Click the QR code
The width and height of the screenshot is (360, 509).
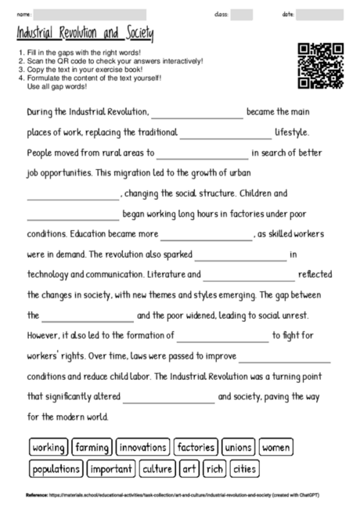321,65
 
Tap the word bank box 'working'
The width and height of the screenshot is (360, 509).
49,448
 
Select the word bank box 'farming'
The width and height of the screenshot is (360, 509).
92,448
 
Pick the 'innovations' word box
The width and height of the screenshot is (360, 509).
143,448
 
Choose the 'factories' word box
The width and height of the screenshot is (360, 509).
196,448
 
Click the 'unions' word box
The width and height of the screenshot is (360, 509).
238,448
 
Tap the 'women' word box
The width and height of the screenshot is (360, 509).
276,448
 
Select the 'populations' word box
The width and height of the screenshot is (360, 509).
56,469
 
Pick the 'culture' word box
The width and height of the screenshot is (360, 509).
157,469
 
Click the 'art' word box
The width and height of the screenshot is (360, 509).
189,469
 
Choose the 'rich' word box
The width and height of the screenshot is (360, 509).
214,469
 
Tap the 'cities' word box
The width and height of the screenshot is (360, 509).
244,469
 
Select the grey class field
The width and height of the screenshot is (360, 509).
242,15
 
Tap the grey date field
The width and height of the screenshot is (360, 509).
319,15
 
